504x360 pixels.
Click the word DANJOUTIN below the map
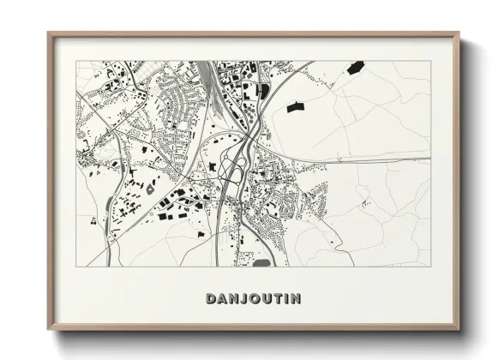pyautogui.click(x=253, y=298)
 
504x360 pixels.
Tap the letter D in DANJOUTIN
pyautogui.click(x=211, y=298)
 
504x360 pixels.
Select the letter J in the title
pyautogui.click(x=243, y=298)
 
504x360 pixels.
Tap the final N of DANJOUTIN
pyautogui.click(x=295, y=298)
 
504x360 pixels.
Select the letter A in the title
pyautogui.click(x=221, y=298)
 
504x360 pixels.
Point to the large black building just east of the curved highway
pyautogui.click(x=295, y=107)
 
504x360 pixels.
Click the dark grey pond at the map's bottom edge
pyautogui.click(x=261, y=262)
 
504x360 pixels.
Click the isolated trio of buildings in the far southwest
pyautogui.click(x=92, y=222)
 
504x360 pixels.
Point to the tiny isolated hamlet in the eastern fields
pyautogui.click(x=365, y=203)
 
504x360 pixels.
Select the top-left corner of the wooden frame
pyautogui.click(x=50, y=34)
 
